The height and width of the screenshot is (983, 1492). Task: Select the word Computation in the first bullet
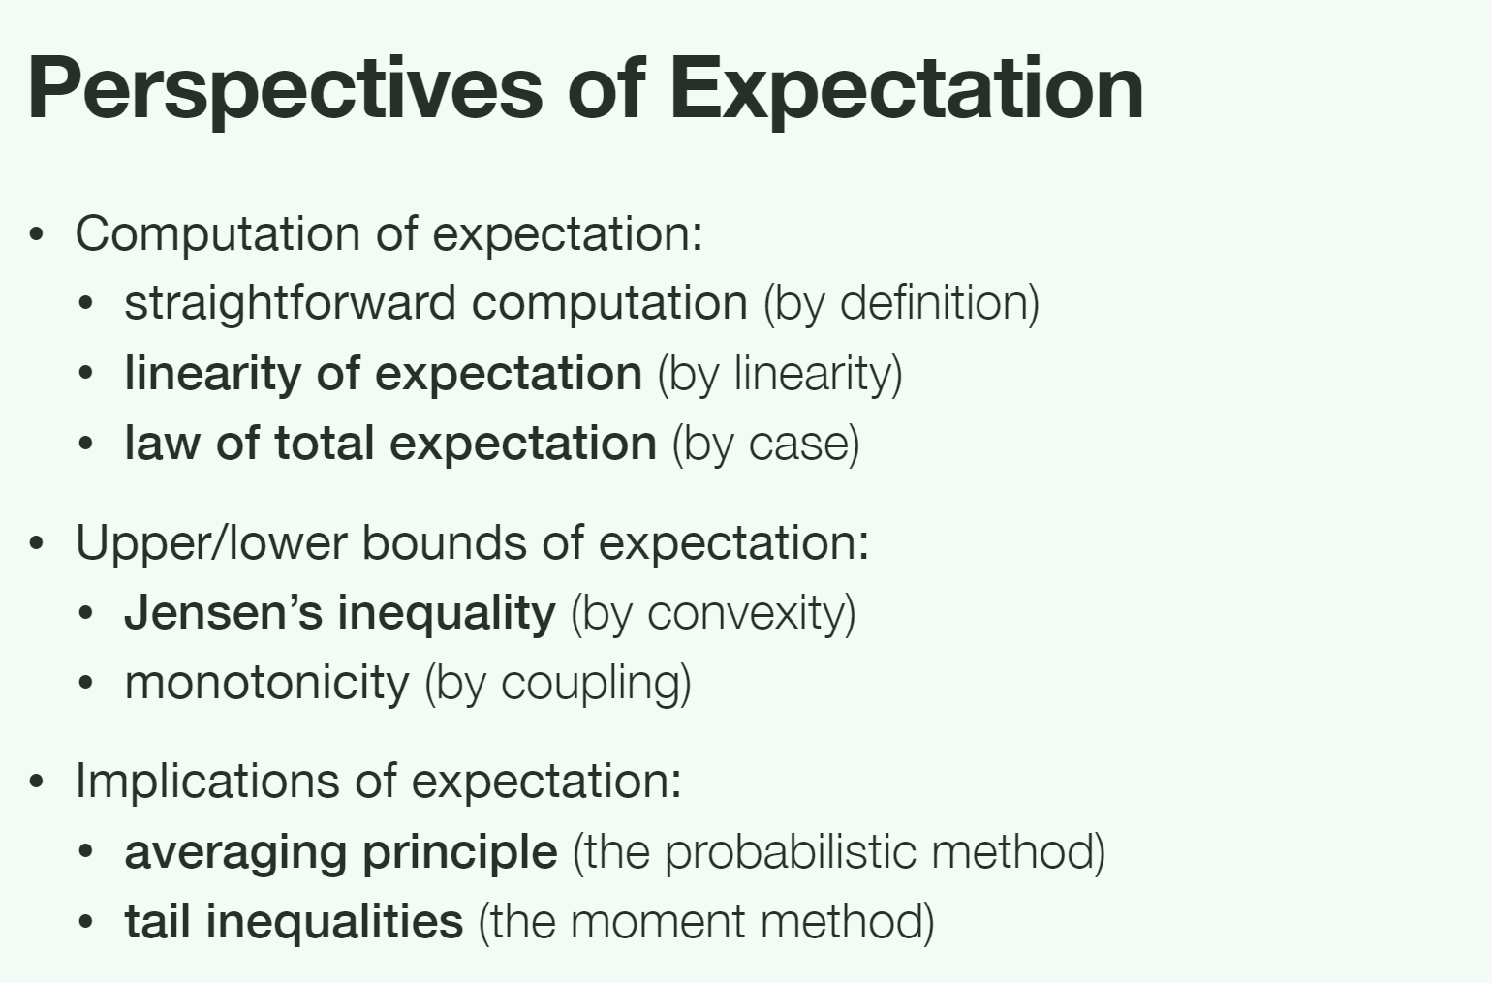(218, 233)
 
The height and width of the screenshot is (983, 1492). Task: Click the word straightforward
(291, 304)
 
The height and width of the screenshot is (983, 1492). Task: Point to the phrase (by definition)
(902, 304)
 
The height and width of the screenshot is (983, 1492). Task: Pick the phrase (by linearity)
(780, 374)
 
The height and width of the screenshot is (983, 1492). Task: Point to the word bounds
(445, 543)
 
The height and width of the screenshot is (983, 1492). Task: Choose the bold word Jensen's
(224, 613)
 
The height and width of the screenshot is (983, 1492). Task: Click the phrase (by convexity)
(713, 613)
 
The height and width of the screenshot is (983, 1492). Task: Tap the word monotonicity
(267, 684)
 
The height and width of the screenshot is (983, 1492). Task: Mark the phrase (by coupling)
(558, 684)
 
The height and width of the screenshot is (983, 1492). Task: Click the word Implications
(207, 782)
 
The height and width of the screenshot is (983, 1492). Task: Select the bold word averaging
(235, 853)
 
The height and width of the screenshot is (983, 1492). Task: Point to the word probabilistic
(791, 852)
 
